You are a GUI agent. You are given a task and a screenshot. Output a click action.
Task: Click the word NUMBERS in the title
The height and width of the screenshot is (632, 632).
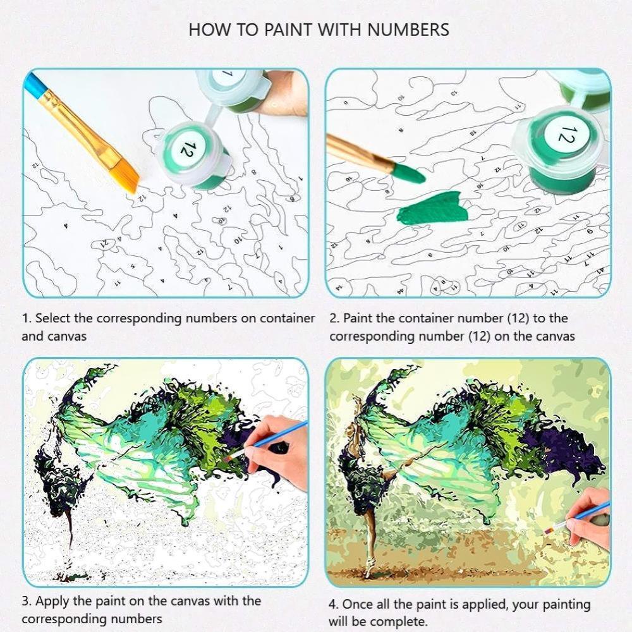click(x=408, y=30)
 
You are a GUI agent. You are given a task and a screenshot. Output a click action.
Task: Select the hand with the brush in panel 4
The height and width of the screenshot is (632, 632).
click(x=589, y=518)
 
